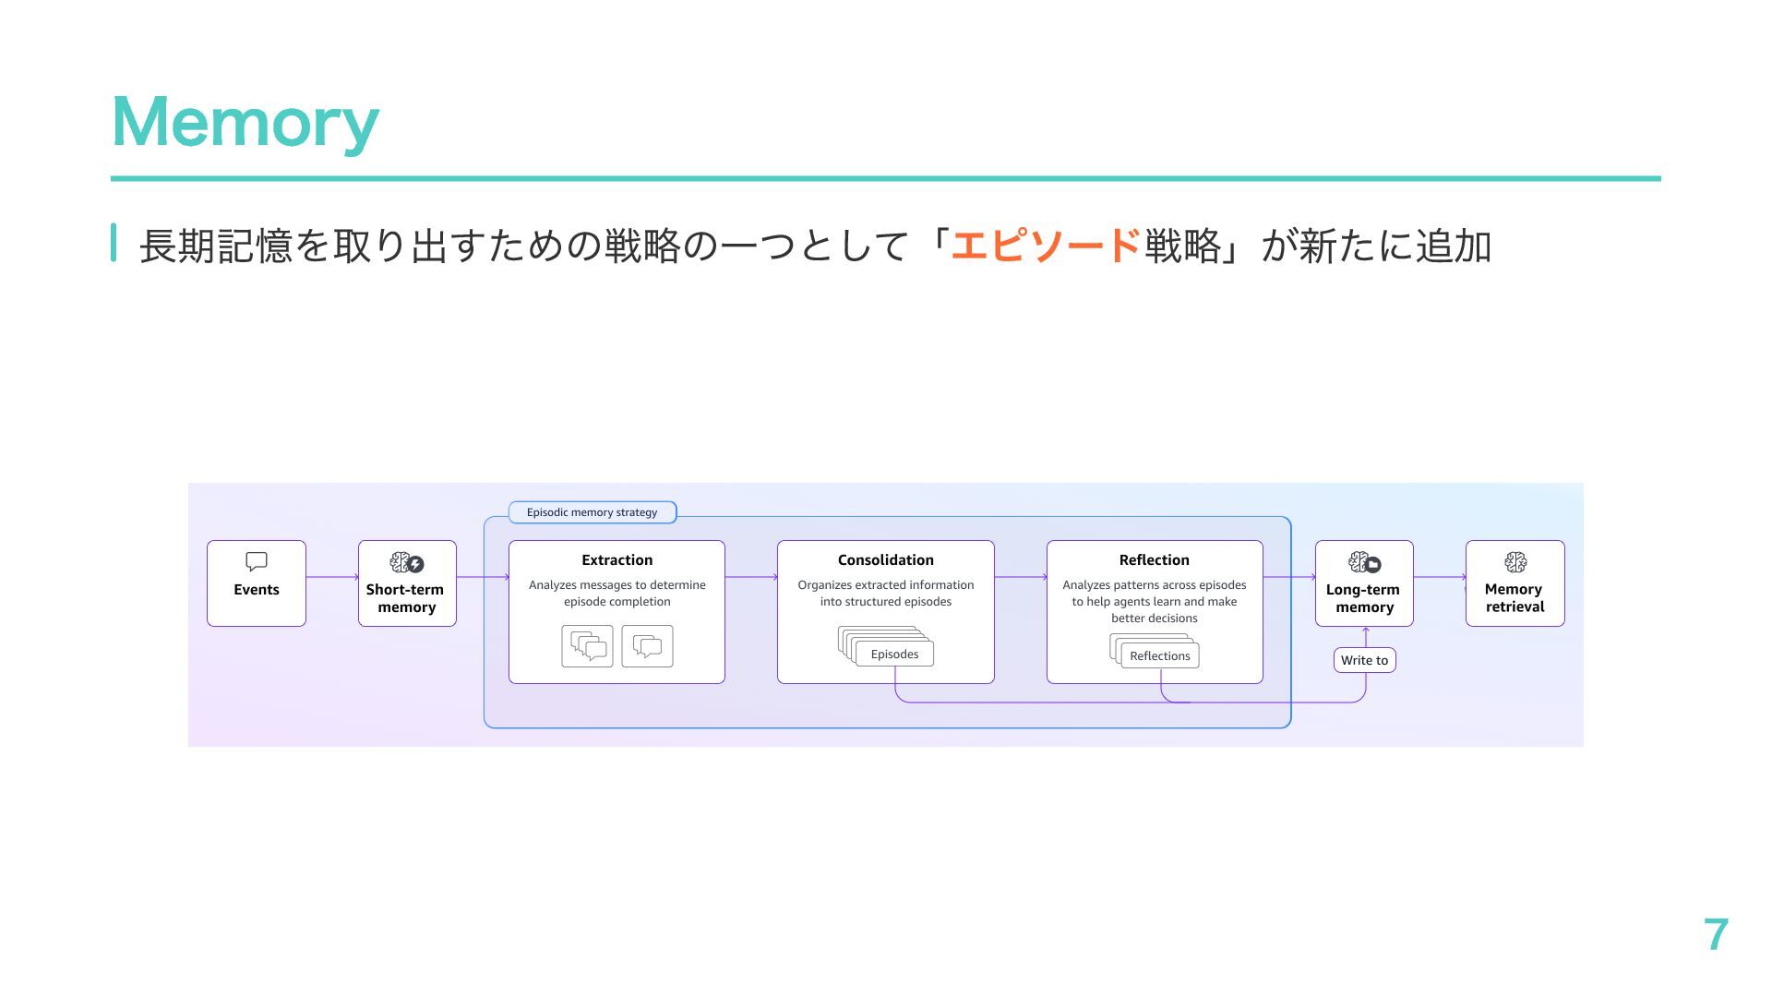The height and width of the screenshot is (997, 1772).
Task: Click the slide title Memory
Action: pyautogui.click(x=245, y=123)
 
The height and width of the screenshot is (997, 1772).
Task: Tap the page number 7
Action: pyautogui.click(x=1715, y=934)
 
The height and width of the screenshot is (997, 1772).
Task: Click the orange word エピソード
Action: pyautogui.click(x=1046, y=246)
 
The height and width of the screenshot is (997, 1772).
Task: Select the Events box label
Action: pyautogui.click(x=257, y=590)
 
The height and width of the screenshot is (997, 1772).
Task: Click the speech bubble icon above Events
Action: pyautogui.click(x=257, y=561)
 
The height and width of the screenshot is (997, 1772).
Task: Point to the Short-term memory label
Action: pyautogui.click(x=406, y=598)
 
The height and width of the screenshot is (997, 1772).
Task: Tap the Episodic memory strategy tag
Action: pyautogui.click(x=593, y=512)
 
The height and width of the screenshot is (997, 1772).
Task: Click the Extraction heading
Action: pyautogui.click(x=617, y=560)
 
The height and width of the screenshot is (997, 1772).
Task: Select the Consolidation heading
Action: pyautogui.click(x=885, y=560)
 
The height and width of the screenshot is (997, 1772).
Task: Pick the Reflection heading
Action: pyautogui.click(x=1154, y=560)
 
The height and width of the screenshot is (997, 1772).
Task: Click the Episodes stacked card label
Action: pyautogui.click(x=894, y=655)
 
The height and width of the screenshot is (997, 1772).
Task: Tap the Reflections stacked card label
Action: pyautogui.click(x=1159, y=656)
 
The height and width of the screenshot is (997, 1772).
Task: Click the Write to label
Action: pyautogui.click(x=1364, y=660)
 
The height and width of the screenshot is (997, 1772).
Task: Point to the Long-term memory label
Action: pyautogui.click(x=1363, y=598)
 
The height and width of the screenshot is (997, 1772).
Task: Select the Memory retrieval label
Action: pyautogui.click(x=1515, y=598)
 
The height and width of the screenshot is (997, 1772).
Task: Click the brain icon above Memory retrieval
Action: pyautogui.click(x=1515, y=562)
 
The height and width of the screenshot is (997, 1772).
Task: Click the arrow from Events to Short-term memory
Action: pyautogui.click(x=332, y=577)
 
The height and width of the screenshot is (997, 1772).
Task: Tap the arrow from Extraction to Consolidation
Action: pyautogui.click(x=751, y=577)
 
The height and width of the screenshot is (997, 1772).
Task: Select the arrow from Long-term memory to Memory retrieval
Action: pyautogui.click(x=1440, y=577)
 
